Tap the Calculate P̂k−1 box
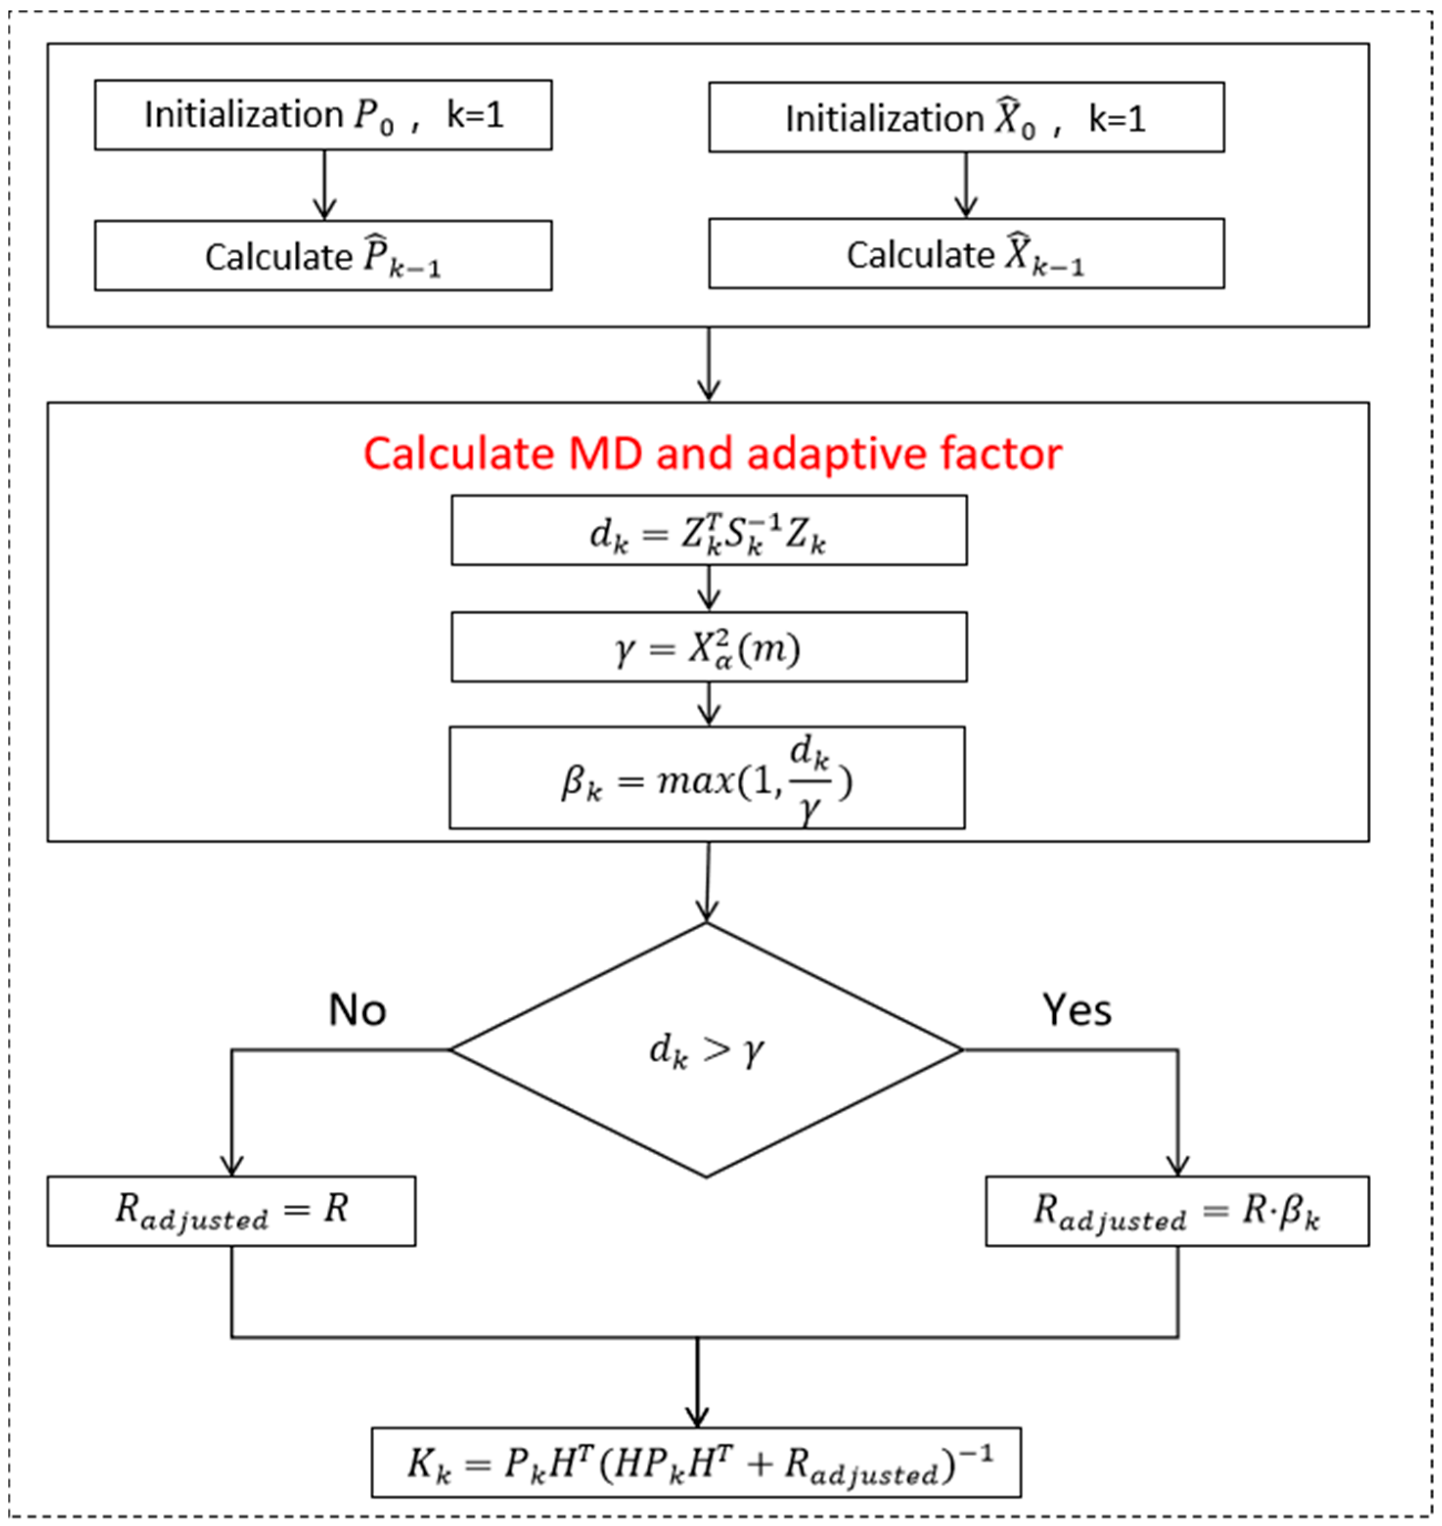[323, 255]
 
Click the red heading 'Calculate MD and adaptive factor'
[712, 453]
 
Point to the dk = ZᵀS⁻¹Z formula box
[709, 531]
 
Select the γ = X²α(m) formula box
[709, 647]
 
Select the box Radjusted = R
[231, 1211]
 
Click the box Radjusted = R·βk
[1177, 1211]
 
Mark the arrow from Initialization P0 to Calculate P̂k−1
[324, 184]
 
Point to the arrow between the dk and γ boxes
[709, 588]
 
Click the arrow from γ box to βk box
[709, 703]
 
